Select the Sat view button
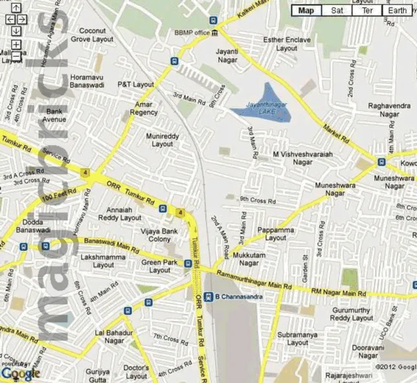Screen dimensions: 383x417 coord(337,10)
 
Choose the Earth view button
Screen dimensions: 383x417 coord(396,10)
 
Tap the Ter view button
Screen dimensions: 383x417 coord(367,10)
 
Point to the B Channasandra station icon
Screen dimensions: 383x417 coord(208,297)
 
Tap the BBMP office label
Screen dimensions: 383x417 coord(192,32)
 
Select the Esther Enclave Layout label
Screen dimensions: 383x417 coord(287,44)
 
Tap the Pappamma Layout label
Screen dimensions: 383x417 coord(276,234)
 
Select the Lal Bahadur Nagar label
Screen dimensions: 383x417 coord(109,336)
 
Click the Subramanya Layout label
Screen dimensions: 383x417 coord(297,338)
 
